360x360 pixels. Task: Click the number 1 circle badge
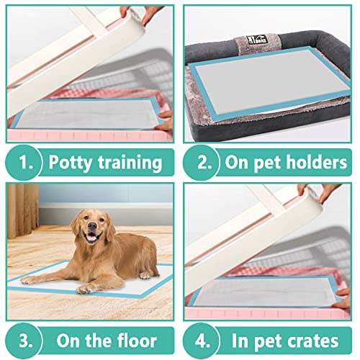[x=25, y=163]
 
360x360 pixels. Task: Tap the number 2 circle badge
[x=203, y=163]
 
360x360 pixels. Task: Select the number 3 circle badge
[x=25, y=339]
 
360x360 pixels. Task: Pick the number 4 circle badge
[x=203, y=339]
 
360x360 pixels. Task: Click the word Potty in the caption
[x=71, y=163]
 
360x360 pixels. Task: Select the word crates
[x=313, y=339]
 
